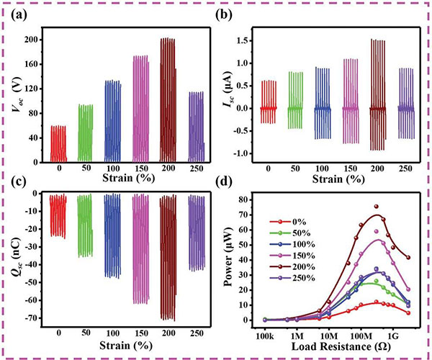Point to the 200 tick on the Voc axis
click(x=33, y=40)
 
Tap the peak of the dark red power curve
click(x=376, y=215)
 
